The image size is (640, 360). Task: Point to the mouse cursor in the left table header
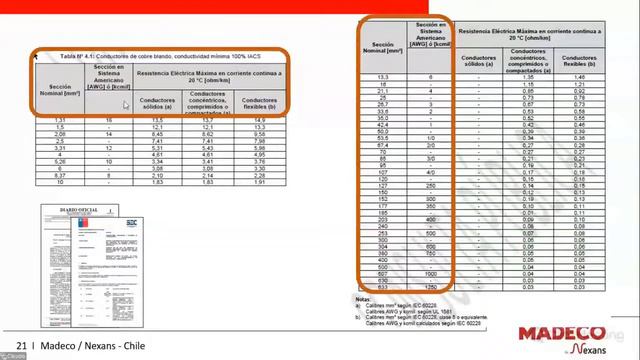(x=125, y=104)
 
